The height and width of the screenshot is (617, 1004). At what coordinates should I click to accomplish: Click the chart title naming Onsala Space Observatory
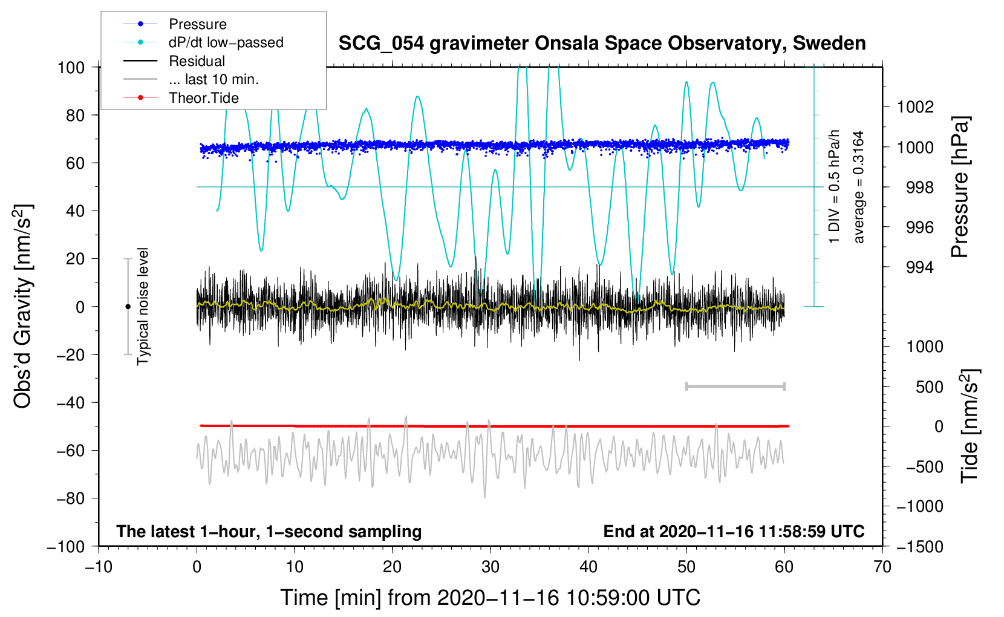pos(602,44)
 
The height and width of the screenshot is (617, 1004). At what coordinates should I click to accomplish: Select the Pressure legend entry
pos(197,24)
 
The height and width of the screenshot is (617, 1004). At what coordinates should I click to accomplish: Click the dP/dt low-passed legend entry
pos(226,42)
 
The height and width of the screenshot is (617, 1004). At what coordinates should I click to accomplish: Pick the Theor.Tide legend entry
pos(203,98)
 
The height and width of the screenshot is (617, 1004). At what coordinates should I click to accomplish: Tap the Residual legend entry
pos(197,61)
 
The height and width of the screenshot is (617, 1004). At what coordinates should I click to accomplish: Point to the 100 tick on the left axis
pos(71,67)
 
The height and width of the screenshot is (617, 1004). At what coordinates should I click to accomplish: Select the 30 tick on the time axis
pos(491,567)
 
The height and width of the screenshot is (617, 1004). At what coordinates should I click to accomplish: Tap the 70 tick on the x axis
pos(882,567)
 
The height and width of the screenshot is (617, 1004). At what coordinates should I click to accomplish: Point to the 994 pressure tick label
pos(919,267)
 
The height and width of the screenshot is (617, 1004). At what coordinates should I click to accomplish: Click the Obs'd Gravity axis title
pos(23,306)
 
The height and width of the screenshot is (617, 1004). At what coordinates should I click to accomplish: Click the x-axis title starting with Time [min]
pos(491,598)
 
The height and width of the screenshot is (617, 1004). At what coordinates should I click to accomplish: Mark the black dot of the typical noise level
pos(128,307)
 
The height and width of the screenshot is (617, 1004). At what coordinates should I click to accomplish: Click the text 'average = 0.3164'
pos(859,187)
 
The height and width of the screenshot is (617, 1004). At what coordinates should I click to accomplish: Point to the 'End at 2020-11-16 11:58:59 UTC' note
pos(734,531)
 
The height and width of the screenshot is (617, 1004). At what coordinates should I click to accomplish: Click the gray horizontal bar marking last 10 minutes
pos(735,386)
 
